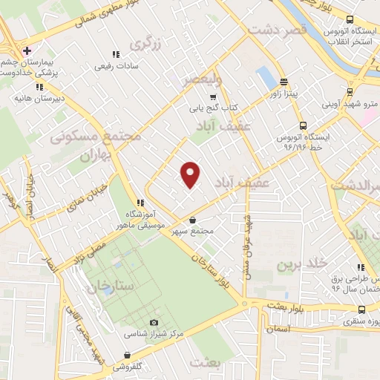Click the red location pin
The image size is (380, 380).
pos(191,174)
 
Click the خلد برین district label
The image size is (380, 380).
pos(302,263)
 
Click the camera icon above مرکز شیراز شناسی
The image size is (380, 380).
pos(154,322)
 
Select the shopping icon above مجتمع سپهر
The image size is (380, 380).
pos(193,220)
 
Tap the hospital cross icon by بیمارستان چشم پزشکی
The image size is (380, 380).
pos(27,50)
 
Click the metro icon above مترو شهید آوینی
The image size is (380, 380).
pos(350,93)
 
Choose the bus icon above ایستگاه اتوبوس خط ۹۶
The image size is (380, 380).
pos(302,125)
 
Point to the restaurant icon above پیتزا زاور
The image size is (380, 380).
pos(284,81)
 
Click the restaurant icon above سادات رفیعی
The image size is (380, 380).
pos(115,54)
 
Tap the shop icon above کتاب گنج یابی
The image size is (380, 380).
pos(214,96)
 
